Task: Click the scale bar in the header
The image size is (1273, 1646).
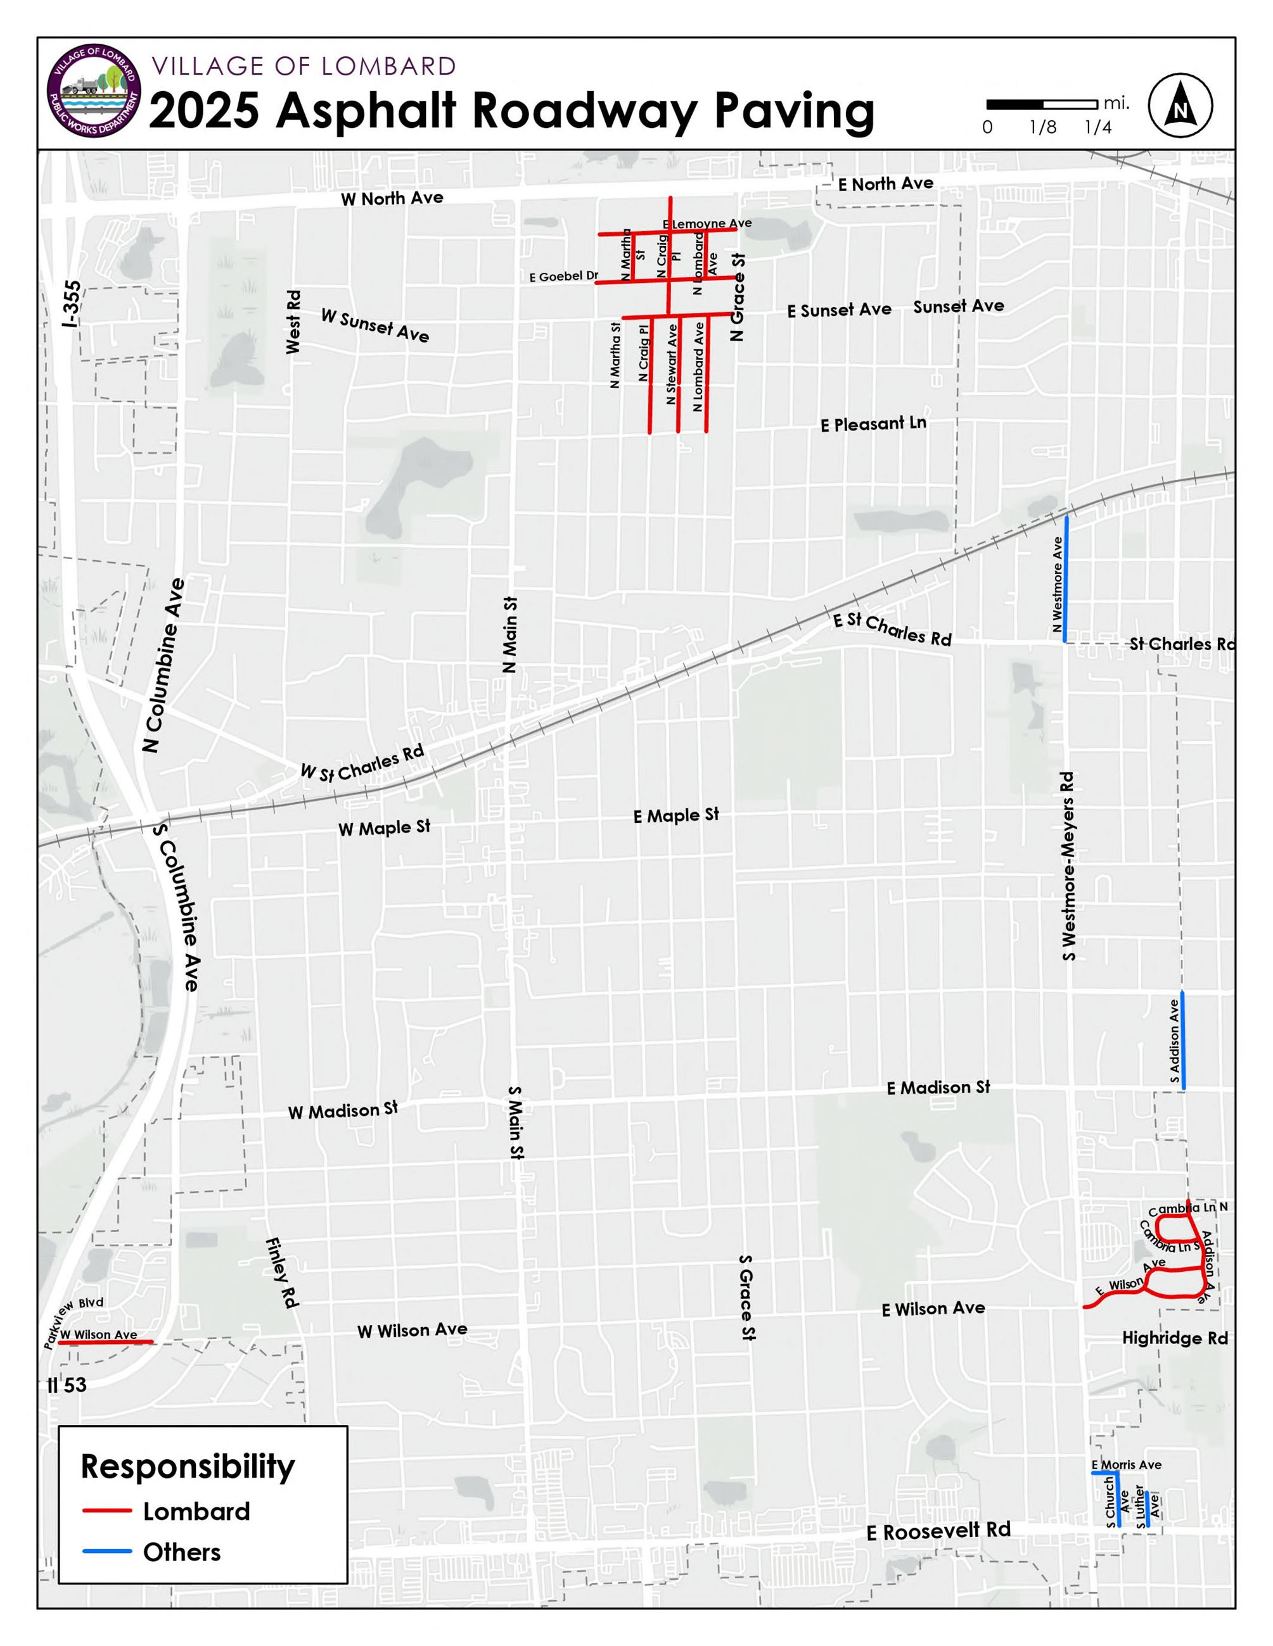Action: tap(1042, 104)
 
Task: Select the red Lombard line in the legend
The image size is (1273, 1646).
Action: tap(107, 1511)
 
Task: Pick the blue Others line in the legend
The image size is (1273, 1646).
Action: tap(107, 1552)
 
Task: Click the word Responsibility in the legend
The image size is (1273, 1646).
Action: tap(188, 1467)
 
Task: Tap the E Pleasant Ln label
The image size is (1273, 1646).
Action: tap(873, 424)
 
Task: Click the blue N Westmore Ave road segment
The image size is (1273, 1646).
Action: tap(1066, 579)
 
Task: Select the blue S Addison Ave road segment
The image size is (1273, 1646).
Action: tap(1182, 1040)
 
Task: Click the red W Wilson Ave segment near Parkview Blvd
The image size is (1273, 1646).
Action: tap(106, 1342)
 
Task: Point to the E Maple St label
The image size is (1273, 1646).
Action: tap(675, 815)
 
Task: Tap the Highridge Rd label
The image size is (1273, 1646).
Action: tap(1175, 1338)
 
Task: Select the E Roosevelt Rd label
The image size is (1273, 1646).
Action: tap(938, 1531)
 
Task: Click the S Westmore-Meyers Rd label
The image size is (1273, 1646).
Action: tap(1068, 867)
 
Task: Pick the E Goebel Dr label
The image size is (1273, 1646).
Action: tap(563, 277)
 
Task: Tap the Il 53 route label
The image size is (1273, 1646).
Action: tap(67, 1385)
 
